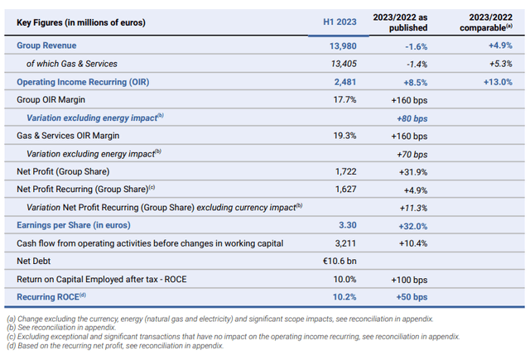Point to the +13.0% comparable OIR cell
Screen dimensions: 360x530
[x=494, y=82]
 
